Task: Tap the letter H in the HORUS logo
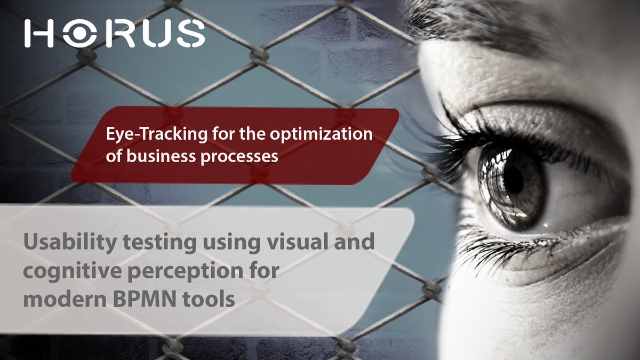[x=39, y=33]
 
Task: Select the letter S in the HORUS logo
[x=191, y=33]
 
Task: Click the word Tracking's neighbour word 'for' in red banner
[x=224, y=135]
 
